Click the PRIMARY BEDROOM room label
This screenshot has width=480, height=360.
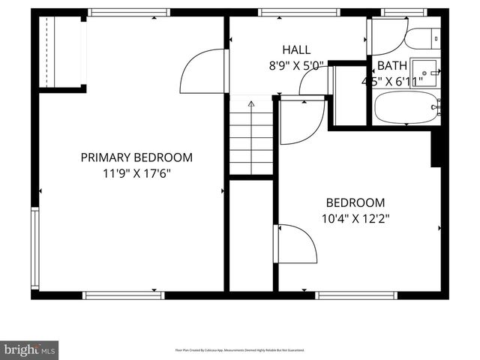coord(136,157)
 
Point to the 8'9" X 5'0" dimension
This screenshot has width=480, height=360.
coord(295,65)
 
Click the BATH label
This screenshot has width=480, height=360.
coord(391,65)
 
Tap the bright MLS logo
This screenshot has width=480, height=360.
coord(29,349)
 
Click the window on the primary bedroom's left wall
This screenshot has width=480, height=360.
coord(34,248)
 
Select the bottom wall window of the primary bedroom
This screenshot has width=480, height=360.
coord(123,295)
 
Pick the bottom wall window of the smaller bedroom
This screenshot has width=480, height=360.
coord(355,295)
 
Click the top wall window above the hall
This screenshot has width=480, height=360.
coord(298,12)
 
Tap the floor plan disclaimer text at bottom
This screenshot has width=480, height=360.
coord(239,350)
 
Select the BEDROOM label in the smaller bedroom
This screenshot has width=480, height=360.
coord(355,202)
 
